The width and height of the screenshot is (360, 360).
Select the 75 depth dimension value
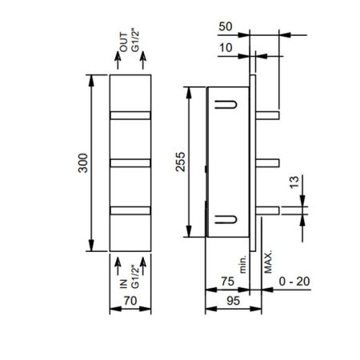(227, 281)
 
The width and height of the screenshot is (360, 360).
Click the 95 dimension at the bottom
(227, 303)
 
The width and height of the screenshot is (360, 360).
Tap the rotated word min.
(241, 259)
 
